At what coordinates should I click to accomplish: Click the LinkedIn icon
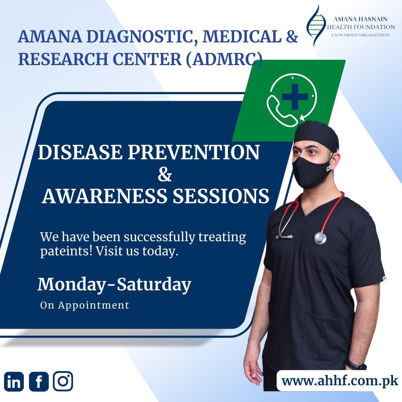(14, 382)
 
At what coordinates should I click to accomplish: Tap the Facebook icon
(39, 382)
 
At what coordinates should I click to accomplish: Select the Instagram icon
(63, 381)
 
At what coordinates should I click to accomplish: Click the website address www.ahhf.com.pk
(340, 381)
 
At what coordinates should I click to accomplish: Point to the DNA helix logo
(317, 25)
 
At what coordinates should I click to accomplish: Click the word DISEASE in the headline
(80, 152)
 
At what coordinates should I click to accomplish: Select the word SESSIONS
(221, 197)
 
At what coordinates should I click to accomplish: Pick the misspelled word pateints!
(66, 251)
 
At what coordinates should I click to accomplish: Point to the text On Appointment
(84, 305)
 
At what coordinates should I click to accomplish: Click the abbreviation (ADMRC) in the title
(224, 59)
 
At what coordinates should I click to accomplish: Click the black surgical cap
(316, 136)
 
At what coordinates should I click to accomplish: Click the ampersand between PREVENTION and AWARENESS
(165, 175)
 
